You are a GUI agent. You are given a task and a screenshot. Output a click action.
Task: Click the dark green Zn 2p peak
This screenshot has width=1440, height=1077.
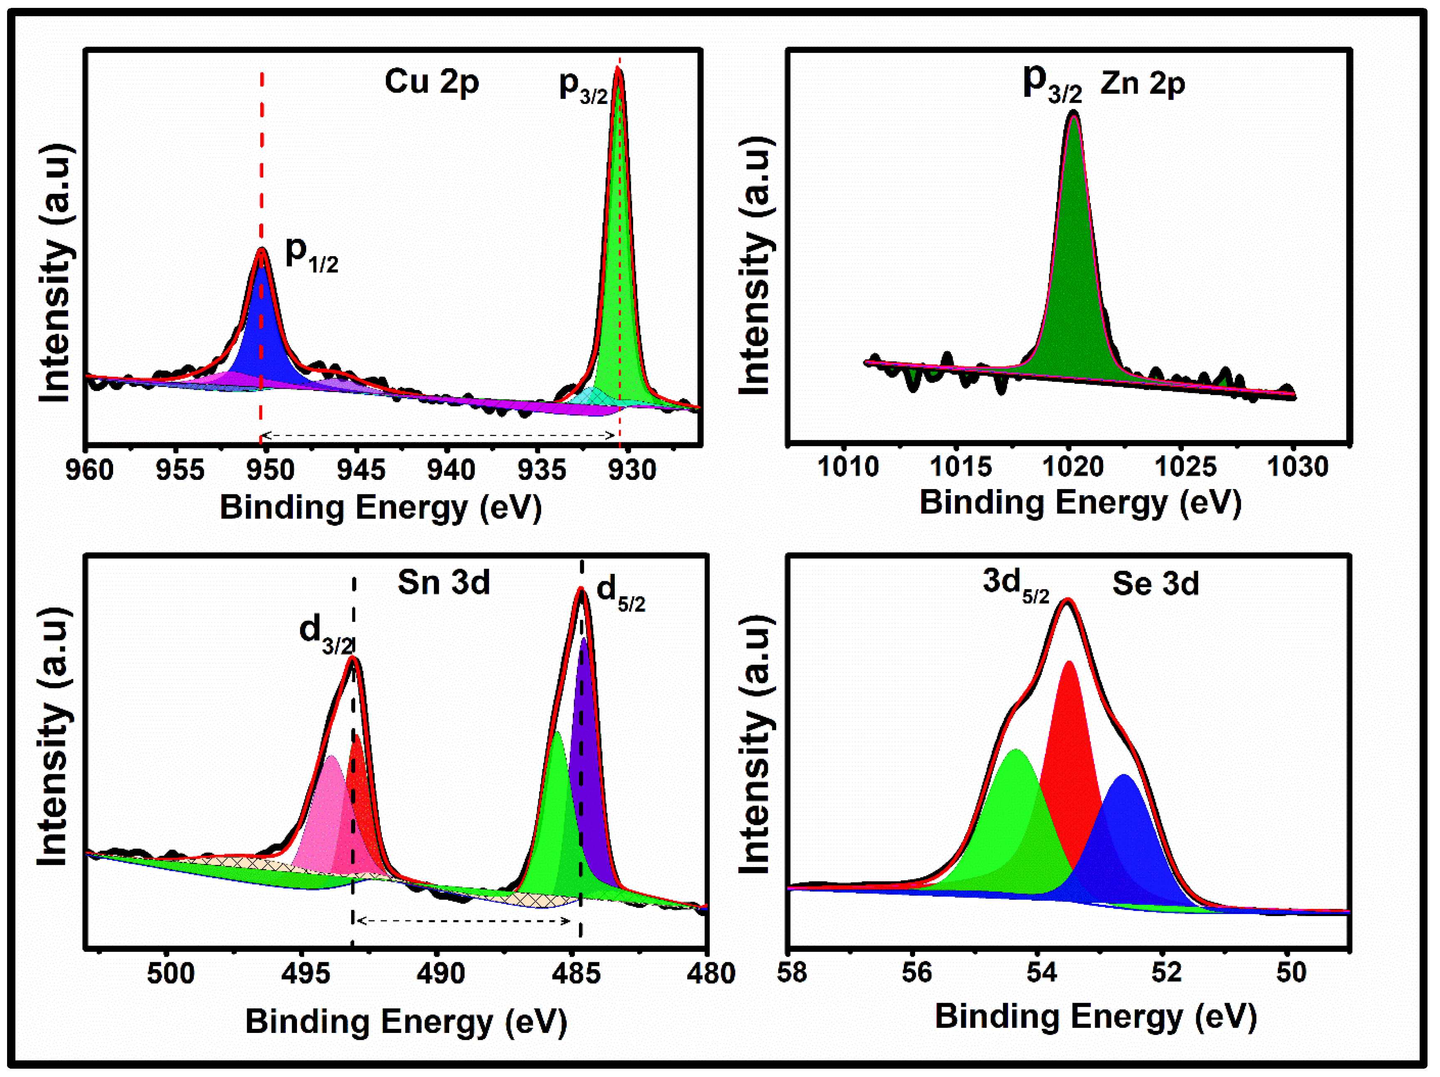tap(1074, 293)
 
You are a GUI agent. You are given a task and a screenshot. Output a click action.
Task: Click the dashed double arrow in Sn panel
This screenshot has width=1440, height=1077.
tap(463, 920)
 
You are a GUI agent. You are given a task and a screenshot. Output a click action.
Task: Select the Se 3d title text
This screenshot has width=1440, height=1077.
tap(1155, 584)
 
